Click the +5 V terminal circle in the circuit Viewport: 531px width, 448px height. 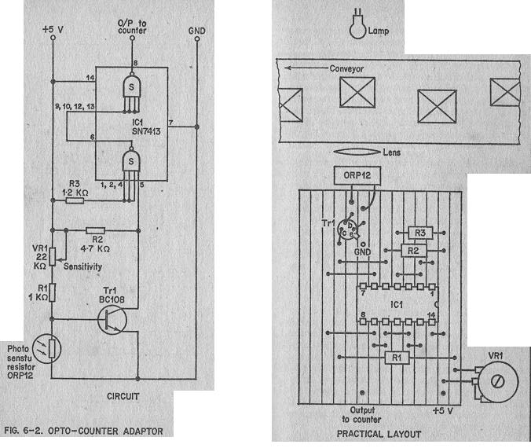tap(53, 38)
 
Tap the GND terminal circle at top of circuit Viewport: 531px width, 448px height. tap(197, 39)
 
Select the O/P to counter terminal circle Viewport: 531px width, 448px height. tap(132, 38)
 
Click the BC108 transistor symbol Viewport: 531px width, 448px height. tap(112, 320)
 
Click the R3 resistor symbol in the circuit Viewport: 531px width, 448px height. tap(75, 201)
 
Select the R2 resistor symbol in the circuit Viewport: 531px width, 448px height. tap(96, 230)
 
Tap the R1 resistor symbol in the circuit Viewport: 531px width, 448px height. tap(52, 293)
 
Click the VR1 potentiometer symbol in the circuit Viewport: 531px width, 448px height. tap(53, 256)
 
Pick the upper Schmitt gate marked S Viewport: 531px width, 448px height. tap(131, 86)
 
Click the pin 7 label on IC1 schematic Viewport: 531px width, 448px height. tap(171, 123)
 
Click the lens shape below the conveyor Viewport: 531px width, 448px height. tap(357, 152)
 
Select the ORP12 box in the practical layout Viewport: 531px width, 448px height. tap(357, 175)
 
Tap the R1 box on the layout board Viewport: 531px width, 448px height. tap(397, 358)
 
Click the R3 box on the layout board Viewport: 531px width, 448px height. tap(420, 233)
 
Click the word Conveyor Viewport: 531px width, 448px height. tap(346, 69)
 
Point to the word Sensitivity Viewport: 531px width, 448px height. tap(82, 266)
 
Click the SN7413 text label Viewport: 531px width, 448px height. tap(146, 131)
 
